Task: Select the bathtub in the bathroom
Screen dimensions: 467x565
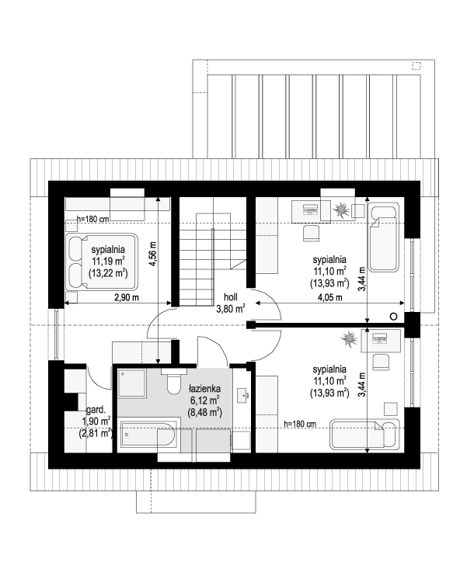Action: (x=148, y=435)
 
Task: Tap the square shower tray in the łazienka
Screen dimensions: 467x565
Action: (x=132, y=383)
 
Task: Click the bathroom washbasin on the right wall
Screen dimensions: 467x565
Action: (x=242, y=395)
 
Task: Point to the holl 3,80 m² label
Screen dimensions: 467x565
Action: (x=231, y=303)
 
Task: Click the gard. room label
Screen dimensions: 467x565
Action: (x=96, y=410)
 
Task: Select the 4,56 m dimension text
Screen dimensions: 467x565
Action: (x=153, y=253)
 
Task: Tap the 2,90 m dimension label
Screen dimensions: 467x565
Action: (x=127, y=298)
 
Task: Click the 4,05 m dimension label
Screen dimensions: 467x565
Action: (x=330, y=298)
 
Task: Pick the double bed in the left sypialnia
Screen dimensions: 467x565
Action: (x=102, y=262)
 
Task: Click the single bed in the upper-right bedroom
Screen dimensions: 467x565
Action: (x=383, y=237)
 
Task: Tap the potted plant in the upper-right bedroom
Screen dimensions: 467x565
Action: (x=340, y=210)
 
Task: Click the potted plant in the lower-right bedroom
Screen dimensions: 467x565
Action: (x=349, y=338)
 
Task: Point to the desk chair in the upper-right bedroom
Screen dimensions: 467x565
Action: (x=311, y=233)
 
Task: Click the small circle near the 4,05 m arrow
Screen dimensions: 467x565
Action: (x=394, y=317)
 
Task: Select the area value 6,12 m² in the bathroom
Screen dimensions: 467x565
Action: (x=204, y=400)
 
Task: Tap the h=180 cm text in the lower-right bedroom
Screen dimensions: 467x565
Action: (x=300, y=424)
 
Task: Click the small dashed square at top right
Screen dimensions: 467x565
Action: (x=416, y=65)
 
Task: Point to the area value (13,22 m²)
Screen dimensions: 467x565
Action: (x=108, y=273)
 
